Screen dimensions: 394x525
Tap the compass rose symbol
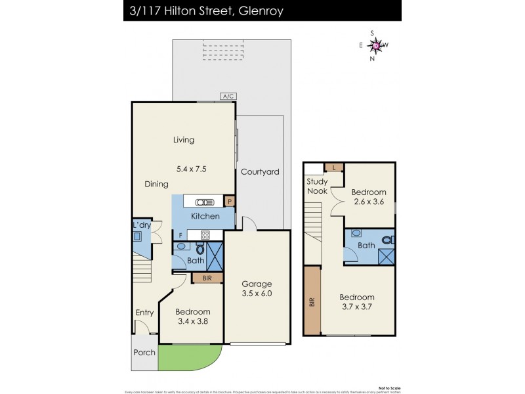coord(376,45)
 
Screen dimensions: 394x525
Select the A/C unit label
coord(228,97)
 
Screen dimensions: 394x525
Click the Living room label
coord(183,140)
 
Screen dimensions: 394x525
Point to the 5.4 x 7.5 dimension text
coord(192,169)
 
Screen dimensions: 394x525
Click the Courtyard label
coord(260,172)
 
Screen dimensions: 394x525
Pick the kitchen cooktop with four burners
coord(204,234)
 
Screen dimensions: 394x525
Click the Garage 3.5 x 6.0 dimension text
coord(255,295)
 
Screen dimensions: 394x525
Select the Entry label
coord(144,313)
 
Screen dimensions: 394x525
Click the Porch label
coord(144,353)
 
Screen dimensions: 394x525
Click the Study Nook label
coord(317,186)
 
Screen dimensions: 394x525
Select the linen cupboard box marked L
coord(335,168)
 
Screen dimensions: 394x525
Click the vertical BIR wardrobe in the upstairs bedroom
coord(312,302)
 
